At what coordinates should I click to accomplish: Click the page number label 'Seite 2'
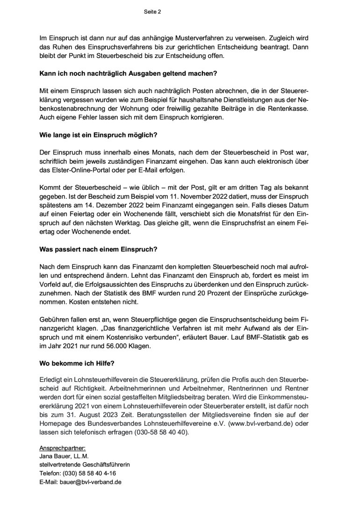tap(152, 13)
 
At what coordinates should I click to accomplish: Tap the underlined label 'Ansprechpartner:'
tap(59, 448)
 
